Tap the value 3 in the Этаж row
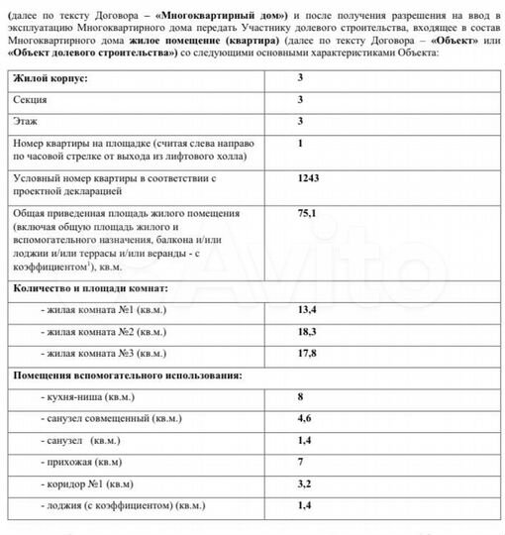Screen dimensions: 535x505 [300, 122]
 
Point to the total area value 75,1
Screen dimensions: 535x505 [306, 213]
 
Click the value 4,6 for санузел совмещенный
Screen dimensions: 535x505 [304, 418]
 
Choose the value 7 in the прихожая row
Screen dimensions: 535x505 [300, 462]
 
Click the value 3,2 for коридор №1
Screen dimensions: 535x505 [304, 483]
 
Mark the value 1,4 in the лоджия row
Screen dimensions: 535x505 [304, 505]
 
